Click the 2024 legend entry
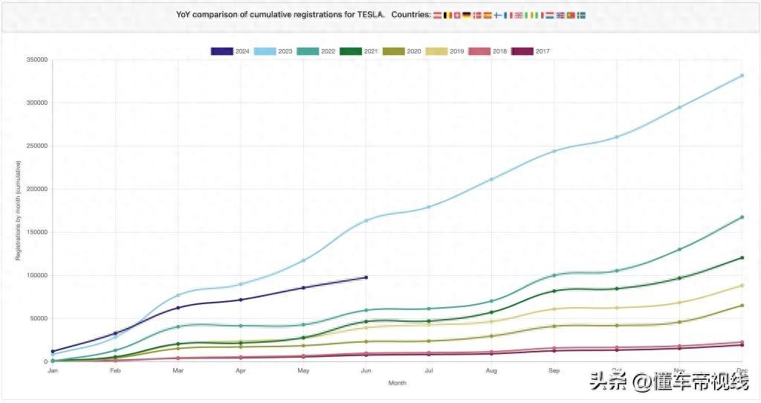[230, 51]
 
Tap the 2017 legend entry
[531, 51]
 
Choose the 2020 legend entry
[403, 51]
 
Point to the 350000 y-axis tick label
[36, 59]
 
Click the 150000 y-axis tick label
[36, 232]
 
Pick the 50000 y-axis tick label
[37, 318]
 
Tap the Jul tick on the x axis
[429, 370]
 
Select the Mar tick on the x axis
[178, 370]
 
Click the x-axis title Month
[398, 383]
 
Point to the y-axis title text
[18, 210]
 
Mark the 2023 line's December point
[742, 76]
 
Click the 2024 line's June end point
[366, 277]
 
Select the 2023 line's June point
[366, 221]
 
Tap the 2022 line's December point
[742, 217]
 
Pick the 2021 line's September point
[554, 291]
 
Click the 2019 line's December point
[742, 286]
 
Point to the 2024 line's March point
[178, 308]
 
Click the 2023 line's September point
[554, 152]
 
